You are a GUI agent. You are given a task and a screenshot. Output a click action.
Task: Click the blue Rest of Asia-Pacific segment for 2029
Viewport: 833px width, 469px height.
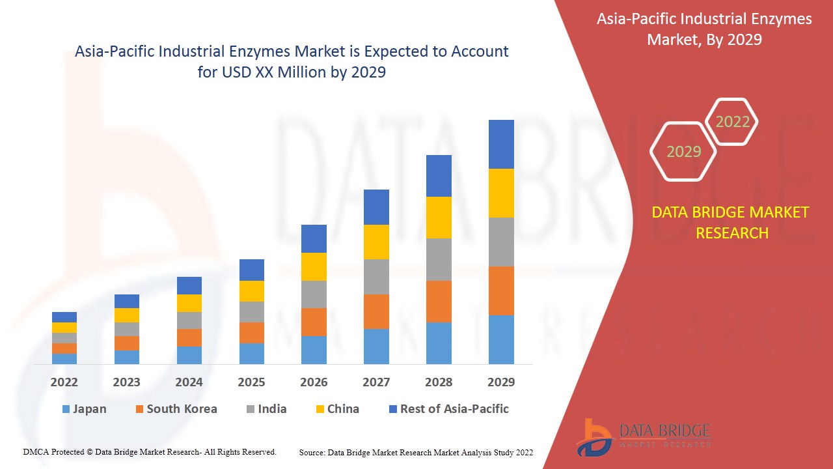tap(501, 144)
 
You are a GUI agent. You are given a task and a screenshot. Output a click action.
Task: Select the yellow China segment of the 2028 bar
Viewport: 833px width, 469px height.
tap(439, 218)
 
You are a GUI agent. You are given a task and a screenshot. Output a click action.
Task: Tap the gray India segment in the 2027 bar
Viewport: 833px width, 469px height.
tap(376, 277)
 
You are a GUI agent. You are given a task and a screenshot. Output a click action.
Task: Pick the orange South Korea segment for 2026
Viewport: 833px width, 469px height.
tap(314, 322)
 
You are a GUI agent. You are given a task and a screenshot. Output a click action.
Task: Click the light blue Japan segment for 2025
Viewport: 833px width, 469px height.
tap(252, 353)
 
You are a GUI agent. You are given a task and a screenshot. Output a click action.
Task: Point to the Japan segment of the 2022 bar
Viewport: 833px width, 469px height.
tap(64, 358)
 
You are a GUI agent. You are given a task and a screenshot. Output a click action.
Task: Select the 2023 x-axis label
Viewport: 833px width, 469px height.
tap(126, 382)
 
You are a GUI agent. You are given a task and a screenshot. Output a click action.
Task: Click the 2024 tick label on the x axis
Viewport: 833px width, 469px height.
tap(189, 382)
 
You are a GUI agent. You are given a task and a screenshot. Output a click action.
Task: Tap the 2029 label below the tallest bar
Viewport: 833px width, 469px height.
tap(501, 382)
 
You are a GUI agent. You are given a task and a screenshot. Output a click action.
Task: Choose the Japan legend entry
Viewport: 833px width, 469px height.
tap(84, 409)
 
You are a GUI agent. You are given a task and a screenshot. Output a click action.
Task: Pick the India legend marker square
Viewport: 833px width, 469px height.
tap(250, 410)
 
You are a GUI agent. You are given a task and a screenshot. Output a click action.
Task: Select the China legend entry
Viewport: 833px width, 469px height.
tap(336, 409)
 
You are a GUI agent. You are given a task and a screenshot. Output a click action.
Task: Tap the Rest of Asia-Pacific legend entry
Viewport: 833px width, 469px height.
tap(448, 409)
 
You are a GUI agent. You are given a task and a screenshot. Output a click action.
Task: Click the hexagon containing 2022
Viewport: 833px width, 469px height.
tap(732, 122)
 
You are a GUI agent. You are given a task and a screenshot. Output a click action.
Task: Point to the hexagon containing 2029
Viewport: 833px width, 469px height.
tap(683, 152)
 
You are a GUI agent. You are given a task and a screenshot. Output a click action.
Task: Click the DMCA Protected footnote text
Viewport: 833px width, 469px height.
tap(150, 451)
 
